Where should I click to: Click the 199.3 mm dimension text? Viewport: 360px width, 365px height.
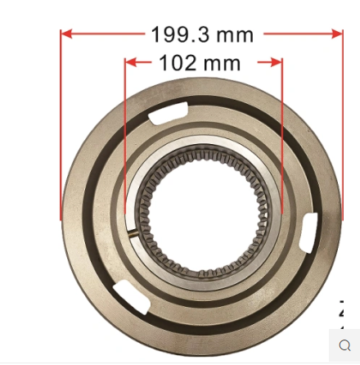click(x=202, y=35)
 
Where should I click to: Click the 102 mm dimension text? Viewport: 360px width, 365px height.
click(x=200, y=63)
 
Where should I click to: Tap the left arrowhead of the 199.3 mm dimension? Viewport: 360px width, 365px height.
click(x=67, y=34)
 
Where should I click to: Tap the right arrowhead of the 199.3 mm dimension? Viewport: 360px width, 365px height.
click(x=336, y=34)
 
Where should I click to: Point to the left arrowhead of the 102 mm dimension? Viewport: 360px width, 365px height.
click(x=131, y=62)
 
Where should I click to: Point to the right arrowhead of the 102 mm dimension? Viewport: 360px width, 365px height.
click(x=277, y=62)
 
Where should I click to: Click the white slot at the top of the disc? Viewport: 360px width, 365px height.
click(x=168, y=113)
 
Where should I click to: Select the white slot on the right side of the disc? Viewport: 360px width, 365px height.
click(x=308, y=232)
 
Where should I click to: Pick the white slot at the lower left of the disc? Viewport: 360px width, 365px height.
click(x=132, y=297)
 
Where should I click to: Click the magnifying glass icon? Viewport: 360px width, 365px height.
click(x=345, y=345)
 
